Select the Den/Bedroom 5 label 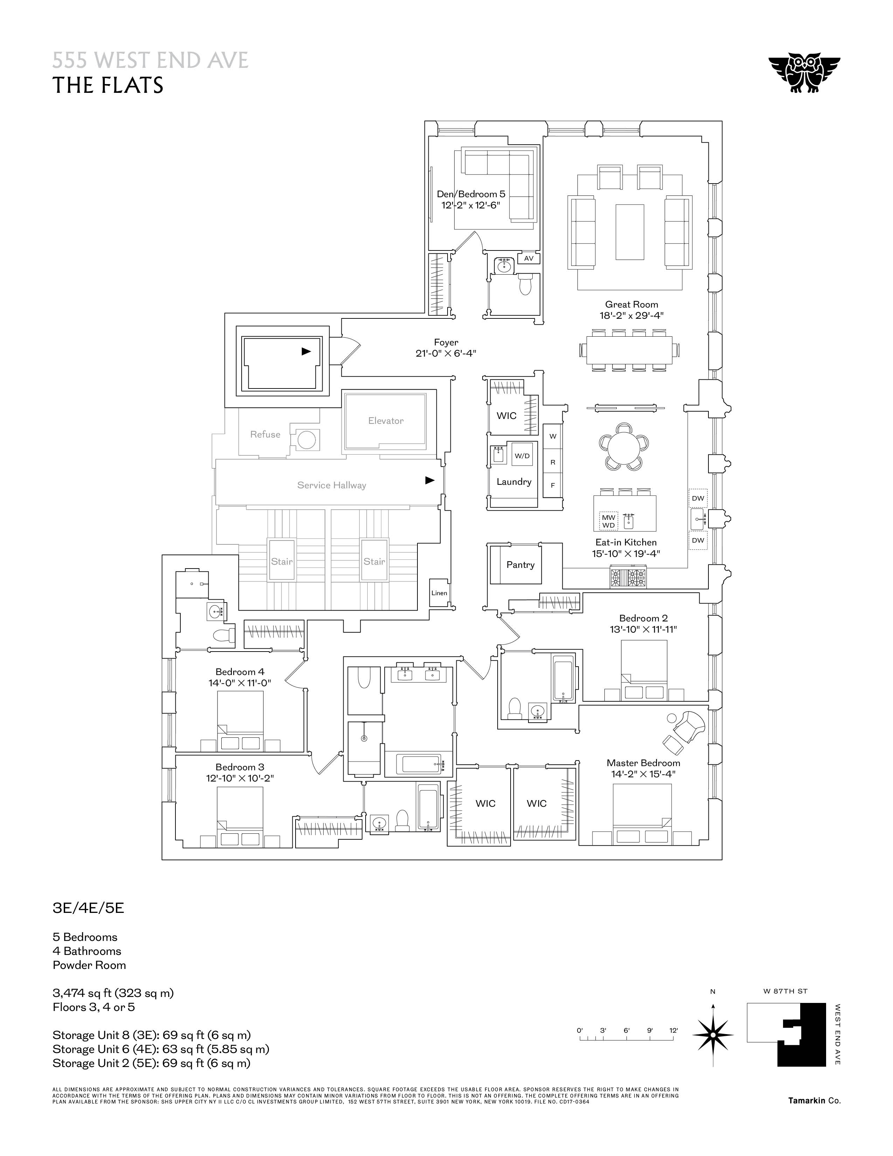tap(471, 194)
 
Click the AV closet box tap(528, 258)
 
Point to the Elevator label tap(386, 421)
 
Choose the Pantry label tap(520, 565)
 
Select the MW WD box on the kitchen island tap(608, 521)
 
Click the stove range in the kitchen tap(629, 577)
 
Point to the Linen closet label tap(439, 593)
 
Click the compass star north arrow tap(713, 1035)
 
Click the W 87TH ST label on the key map tap(785, 991)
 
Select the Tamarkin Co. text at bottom tap(814, 1100)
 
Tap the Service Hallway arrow tap(430, 481)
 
